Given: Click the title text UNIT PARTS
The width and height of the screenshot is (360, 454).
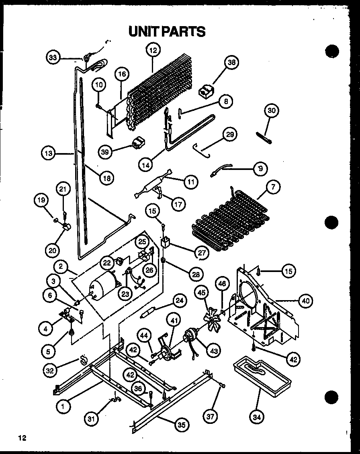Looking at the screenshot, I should tap(167, 31).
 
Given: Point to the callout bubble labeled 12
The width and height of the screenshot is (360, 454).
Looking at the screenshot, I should tap(153, 50).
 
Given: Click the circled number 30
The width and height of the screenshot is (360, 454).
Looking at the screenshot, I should tap(272, 111).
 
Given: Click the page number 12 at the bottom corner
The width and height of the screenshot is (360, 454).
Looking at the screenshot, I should tap(22, 438).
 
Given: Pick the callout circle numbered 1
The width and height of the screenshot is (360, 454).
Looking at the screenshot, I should tap(63, 407).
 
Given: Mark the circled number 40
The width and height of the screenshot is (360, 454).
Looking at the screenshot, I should tap(306, 300).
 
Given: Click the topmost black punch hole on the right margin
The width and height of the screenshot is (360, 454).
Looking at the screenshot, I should tap(332, 52).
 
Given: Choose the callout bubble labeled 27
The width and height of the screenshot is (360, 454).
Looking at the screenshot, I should tap(201, 253).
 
